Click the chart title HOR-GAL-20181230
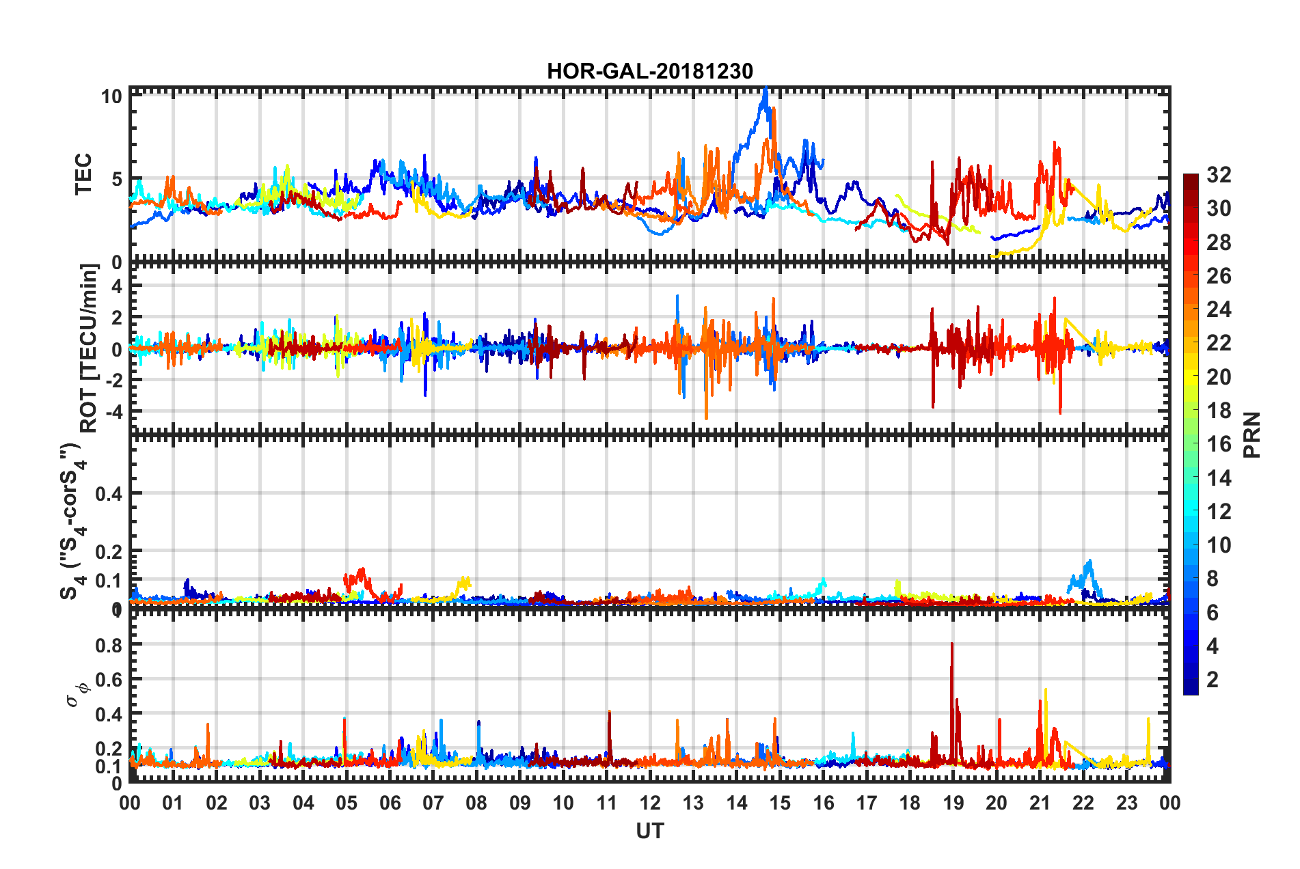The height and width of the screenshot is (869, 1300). pos(649,71)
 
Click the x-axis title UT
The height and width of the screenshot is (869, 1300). pos(649,831)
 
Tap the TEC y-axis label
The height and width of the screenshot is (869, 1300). pos(83,174)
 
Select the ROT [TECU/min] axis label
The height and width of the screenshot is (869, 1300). pos(89,348)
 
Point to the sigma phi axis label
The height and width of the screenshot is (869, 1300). pos(77,695)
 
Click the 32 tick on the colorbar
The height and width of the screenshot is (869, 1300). pos(1218,175)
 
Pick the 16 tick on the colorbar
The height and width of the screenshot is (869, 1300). pos(1218,444)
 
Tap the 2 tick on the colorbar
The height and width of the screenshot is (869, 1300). pos(1213,679)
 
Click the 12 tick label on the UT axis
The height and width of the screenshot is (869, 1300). pos(650,803)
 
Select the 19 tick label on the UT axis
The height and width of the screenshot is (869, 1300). pos(953,803)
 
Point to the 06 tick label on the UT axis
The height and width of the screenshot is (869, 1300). pos(390,803)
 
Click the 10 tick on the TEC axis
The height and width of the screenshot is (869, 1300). pos(111,96)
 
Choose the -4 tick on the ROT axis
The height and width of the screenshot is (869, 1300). pos(114,411)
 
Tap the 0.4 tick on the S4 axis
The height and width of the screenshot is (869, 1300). pos(109,493)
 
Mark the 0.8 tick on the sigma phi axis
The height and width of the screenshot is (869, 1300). pos(109,645)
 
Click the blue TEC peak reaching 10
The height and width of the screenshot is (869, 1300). pos(766,92)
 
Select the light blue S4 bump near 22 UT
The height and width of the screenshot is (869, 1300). pos(1088,565)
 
